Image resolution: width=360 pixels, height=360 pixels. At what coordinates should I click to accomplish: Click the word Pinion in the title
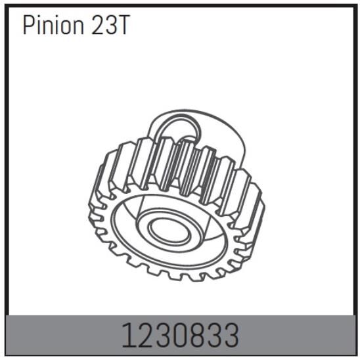click(x=53, y=26)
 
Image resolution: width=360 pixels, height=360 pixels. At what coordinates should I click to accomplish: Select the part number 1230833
click(x=179, y=336)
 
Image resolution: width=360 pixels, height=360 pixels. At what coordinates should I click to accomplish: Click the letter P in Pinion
click(x=28, y=26)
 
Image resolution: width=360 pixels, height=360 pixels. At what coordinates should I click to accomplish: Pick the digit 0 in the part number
click(x=171, y=336)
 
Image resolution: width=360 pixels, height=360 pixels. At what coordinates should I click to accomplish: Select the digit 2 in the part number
click(x=141, y=336)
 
